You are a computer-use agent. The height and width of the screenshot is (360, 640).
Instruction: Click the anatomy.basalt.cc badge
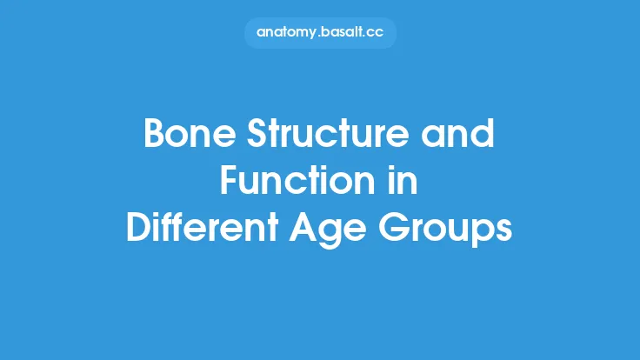coord(320,32)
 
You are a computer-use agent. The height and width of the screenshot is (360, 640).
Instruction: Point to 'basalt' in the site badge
coord(344,32)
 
